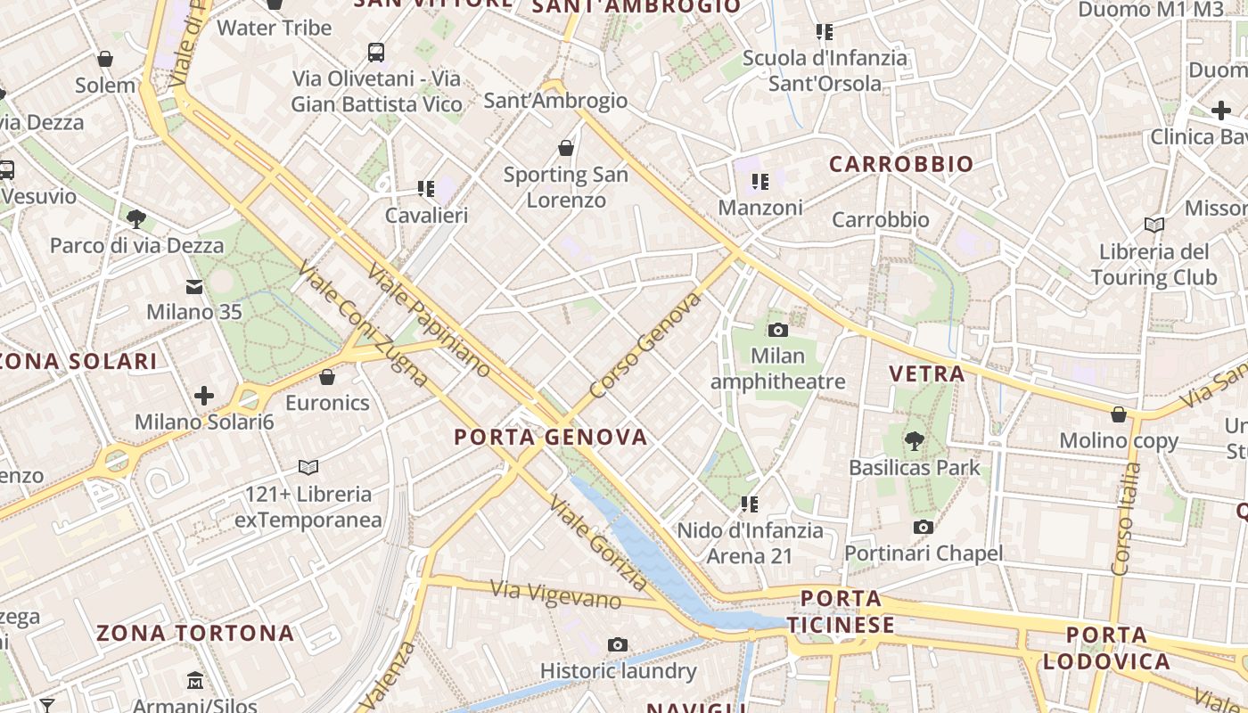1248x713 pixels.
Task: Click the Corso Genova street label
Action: click(645, 346)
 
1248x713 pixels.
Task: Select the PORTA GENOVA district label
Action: click(551, 437)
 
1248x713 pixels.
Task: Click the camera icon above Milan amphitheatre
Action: click(777, 331)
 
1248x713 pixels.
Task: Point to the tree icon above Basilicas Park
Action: click(914, 440)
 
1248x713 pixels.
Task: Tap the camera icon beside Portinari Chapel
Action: click(924, 527)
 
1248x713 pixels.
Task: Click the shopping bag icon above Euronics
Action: click(327, 377)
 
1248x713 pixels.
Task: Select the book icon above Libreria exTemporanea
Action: click(308, 467)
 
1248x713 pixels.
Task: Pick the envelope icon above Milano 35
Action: click(194, 286)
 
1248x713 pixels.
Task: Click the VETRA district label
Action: click(927, 373)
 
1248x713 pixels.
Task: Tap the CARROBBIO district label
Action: click(901, 164)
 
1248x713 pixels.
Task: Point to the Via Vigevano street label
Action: click(556, 594)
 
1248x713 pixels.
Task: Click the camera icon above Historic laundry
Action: click(618, 644)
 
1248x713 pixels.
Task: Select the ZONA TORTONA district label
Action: click(195, 634)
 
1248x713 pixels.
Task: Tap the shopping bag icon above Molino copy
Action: click(1119, 414)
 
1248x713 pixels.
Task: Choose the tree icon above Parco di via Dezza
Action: click(136, 218)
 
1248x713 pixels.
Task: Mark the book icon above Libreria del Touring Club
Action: click(1154, 225)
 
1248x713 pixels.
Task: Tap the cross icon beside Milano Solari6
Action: click(204, 395)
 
